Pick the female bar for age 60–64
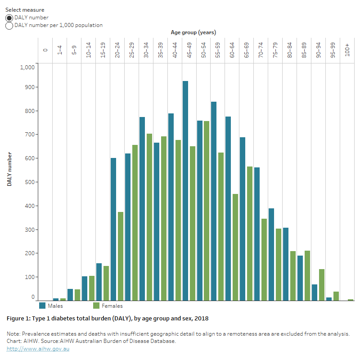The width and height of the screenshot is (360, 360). click(x=235, y=247)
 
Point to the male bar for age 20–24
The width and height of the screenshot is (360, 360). click(x=113, y=229)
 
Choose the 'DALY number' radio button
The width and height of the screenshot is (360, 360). click(x=9, y=18)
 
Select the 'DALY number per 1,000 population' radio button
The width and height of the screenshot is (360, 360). click(x=9, y=26)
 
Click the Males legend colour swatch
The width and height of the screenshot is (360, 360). click(x=42, y=306)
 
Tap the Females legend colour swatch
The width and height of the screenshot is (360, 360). click(x=96, y=306)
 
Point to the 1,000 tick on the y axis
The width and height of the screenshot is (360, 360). click(x=27, y=67)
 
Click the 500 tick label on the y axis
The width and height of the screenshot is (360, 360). click(x=29, y=182)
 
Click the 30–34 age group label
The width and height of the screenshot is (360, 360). click(x=146, y=49)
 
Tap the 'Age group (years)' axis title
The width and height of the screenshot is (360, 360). click(x=193, y=32)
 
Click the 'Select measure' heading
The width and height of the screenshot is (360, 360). click(x=25, y=9)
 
